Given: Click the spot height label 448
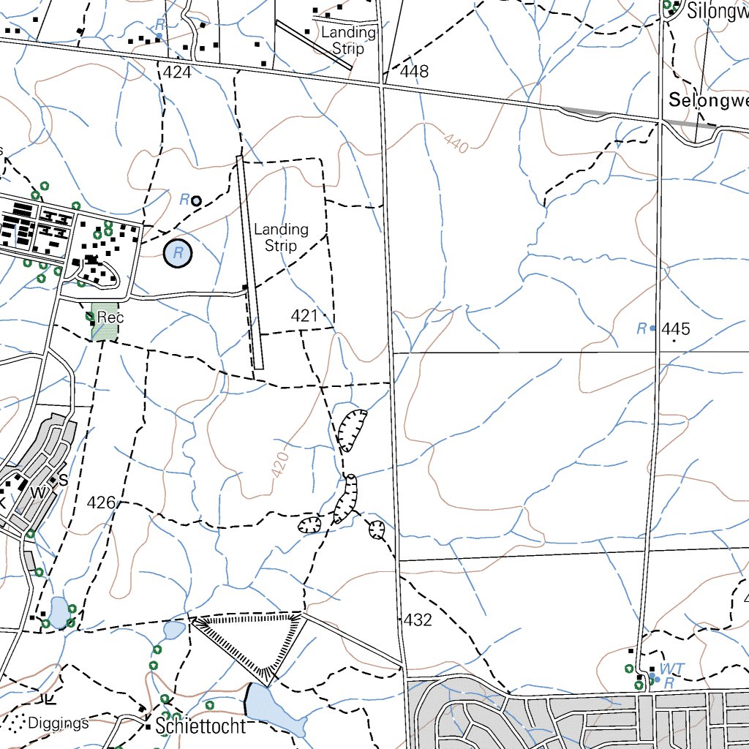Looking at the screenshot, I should [415, 72].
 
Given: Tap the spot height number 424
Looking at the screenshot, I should [177, 72].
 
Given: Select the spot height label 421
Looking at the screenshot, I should [304, 315].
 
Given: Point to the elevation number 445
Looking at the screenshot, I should [675, 329].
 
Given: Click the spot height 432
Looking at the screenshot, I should [418, 620].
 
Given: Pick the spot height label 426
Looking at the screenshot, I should [101, 503].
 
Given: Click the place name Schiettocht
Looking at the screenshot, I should [200, 726].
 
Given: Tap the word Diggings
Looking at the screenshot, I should [59, 723].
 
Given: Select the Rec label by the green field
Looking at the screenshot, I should [110, 317].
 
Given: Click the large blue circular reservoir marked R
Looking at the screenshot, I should [178, 254].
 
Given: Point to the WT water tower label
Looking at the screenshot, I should [671, 669].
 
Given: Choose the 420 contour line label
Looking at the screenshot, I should [280, 465].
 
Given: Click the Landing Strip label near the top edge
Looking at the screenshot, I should [348, 40].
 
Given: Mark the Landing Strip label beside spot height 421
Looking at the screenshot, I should [281, 237].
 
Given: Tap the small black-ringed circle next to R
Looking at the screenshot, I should [196, 200].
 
